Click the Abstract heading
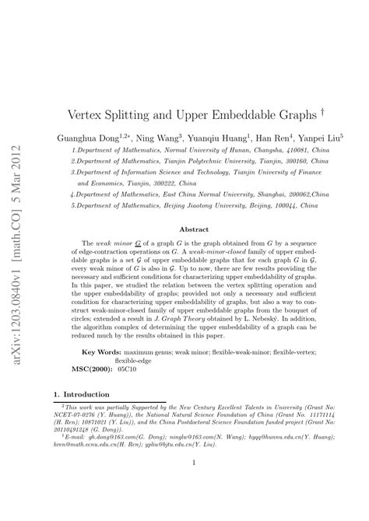click(x=195, y=229)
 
